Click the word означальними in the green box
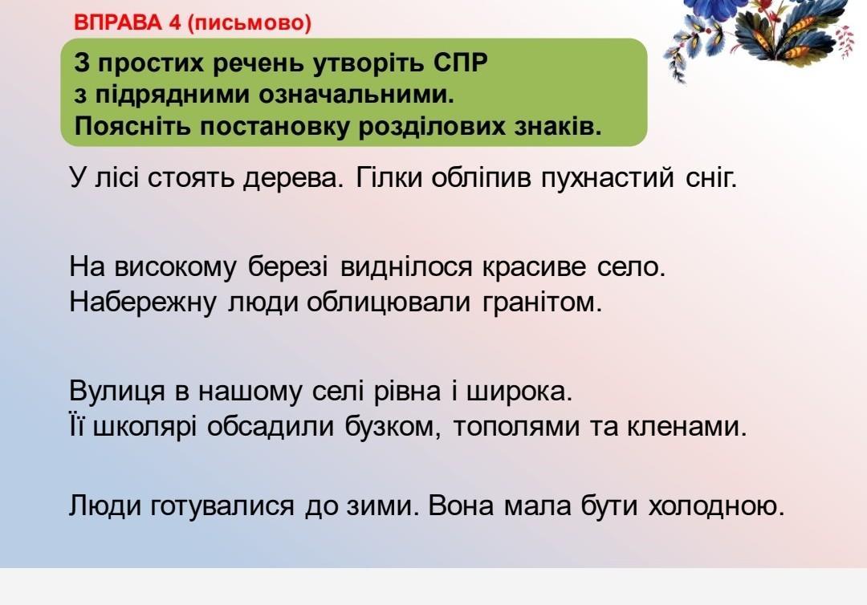pos(356,95)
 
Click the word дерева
pos(293,178)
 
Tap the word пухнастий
pos(607,178)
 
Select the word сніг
pos(711,178)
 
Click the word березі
pos(288,267)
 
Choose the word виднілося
pos(406,267)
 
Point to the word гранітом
pos(542,302)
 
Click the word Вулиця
pos(117,392)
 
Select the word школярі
pos(144,427)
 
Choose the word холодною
pos(717,506)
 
